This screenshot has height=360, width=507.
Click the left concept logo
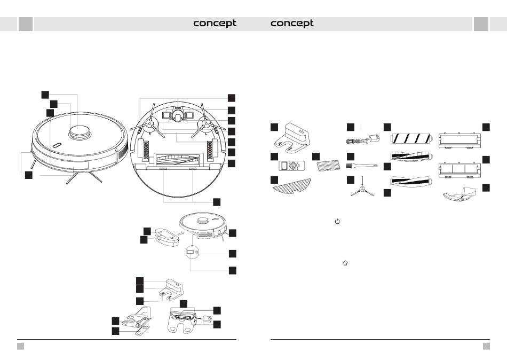(x=215, y=24)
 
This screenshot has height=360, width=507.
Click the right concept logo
(x=292, y=24)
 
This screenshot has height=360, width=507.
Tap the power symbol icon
(x=337, y=221)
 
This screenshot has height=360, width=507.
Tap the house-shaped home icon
(x=345, y=263)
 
